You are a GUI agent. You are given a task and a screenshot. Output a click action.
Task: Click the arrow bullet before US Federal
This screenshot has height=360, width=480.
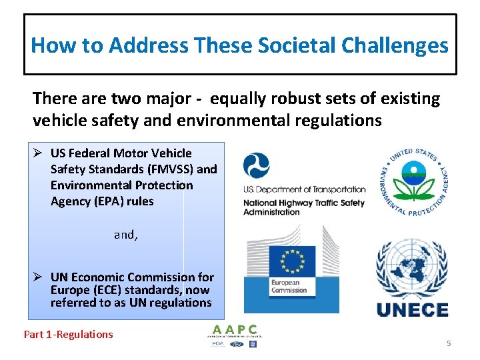pos(39,153)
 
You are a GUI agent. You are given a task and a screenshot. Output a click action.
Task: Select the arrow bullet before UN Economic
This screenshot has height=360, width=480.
pos(39,277)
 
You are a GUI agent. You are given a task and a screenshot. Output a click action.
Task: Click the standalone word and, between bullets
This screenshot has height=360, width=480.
pos(125,235)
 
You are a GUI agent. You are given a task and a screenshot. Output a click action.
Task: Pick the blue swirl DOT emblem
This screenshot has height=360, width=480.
pos(257,166)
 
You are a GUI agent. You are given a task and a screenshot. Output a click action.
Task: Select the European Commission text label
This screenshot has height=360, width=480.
pos(289,286)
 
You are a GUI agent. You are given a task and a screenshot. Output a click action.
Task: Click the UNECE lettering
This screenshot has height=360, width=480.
pos(412,309)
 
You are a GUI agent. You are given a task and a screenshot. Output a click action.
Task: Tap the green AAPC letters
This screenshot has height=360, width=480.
pos(233,329)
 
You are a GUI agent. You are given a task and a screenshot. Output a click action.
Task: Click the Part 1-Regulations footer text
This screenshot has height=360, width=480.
pos(69,335)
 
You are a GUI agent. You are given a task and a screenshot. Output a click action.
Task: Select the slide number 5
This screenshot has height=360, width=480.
pos(449,343)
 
